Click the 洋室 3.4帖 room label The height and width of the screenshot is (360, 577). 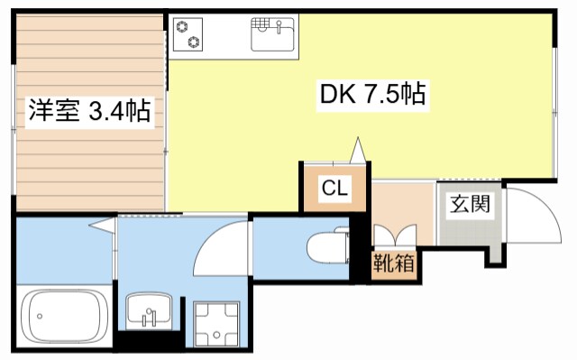click(87, 112)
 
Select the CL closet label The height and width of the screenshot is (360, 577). click(334, 189)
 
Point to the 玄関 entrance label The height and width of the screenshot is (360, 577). click(469, 203)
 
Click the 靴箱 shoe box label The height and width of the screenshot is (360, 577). click(394, 266)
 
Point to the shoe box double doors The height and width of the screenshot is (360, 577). click(394, 236)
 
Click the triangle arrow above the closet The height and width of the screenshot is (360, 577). click(358, 148)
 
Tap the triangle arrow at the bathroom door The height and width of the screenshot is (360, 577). click(100, 225)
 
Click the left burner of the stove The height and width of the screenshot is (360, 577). click(183, 27)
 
